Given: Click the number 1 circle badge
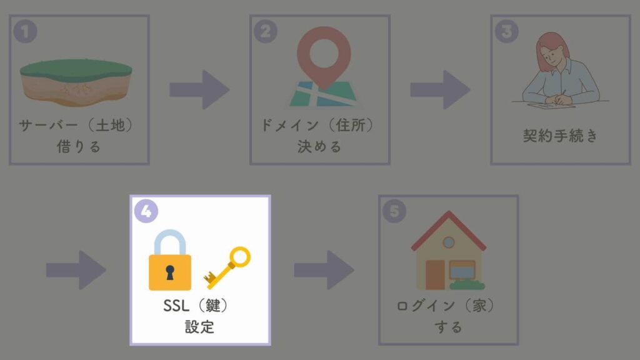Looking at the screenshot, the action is (x=25, y=31).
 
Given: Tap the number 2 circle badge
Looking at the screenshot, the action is (x=266, y=31).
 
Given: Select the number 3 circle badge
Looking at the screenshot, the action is (x=506, y=31).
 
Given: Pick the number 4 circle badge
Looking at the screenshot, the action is (x=146, y=211).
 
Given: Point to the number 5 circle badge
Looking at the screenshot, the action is (x=394, y=211).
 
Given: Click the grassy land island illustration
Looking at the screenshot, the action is (x=76, y=82).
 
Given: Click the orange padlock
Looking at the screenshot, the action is (x=170, y=260).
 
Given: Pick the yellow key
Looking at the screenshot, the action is (x=227, y=267).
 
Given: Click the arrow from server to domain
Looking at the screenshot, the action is (x=199, y=89).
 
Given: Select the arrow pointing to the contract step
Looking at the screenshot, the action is (x=440, y=89).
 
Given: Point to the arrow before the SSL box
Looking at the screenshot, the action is (x=76, y=270).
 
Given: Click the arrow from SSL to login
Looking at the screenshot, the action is (x=324, y=270).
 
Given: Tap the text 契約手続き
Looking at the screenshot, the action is (x=560, y=136).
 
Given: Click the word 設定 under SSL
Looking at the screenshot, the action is (x=199, y=327).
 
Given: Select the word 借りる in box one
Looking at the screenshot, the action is (x=79, y=146).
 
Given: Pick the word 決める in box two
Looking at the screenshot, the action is (x=319, y=146).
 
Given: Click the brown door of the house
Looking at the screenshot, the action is (x=435, y=275).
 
